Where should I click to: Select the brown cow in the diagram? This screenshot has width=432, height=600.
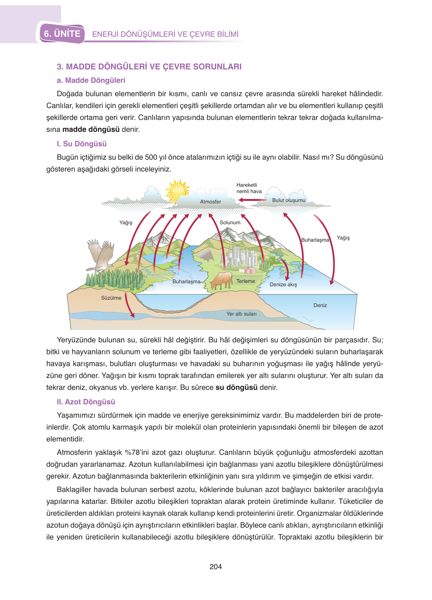click(222, 280)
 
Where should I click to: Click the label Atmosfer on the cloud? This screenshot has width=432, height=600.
click(210, 202)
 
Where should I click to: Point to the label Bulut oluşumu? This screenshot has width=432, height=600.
click(289, 200)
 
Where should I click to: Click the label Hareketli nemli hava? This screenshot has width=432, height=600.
click(249, 188)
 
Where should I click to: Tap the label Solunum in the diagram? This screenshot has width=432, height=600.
click(230, 222)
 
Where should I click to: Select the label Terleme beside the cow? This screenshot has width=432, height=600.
click(246, 281)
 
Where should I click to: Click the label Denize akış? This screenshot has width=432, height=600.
click(283, 284)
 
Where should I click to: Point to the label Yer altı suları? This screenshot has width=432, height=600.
click(241, 314)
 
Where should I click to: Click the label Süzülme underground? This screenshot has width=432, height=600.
click(111, 298)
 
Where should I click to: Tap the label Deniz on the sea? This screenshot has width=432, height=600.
click(320, 305)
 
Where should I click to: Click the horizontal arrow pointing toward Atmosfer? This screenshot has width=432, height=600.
click(253, 200)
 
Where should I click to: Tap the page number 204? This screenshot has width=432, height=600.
click(215, 567)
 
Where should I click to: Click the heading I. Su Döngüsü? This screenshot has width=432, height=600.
click(82, 144)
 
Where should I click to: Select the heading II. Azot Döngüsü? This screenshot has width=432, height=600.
click(86, 402)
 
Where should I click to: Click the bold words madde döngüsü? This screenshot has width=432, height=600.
click(91, 129)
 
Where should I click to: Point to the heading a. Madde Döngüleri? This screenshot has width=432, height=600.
click(91, 80)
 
